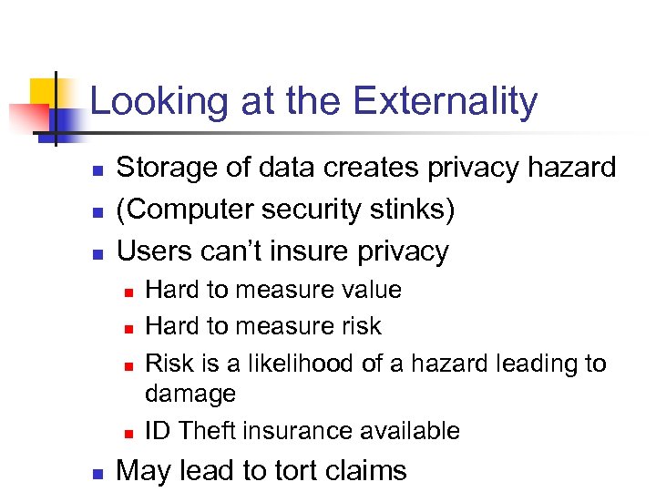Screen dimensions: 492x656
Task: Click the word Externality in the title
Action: click(446, 102)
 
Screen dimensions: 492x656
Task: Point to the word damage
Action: click(190, 395)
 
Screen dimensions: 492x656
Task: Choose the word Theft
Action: click(209, 430)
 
